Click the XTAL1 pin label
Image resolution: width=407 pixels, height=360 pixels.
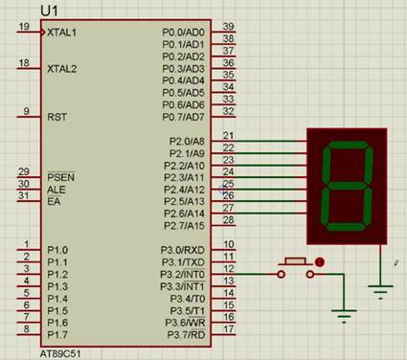pyautogui.click(x=61, y=33)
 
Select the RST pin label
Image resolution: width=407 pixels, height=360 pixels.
pyautogui.click(x=57, y=117)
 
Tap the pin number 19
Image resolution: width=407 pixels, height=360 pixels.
pyautogui.click(x=24, y=26)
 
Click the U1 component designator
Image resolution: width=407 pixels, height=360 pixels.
pyautogui.click(x=49, y=11)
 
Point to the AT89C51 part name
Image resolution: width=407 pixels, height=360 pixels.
pyautogui.click(x=60, y=353)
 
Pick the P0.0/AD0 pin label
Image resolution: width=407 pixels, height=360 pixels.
pyautogui.click(x=183, y=33)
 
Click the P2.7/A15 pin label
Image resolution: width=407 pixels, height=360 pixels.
pyautogui.click(x=184, y=226)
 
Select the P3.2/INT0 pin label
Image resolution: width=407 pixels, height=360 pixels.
pyautogui.click(x=183, y=274)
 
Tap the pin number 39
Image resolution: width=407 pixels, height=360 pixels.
pyautogui.click(x=228, y=26)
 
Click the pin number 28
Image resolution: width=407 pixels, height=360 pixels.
pyautogui.click(x=228, y=219)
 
